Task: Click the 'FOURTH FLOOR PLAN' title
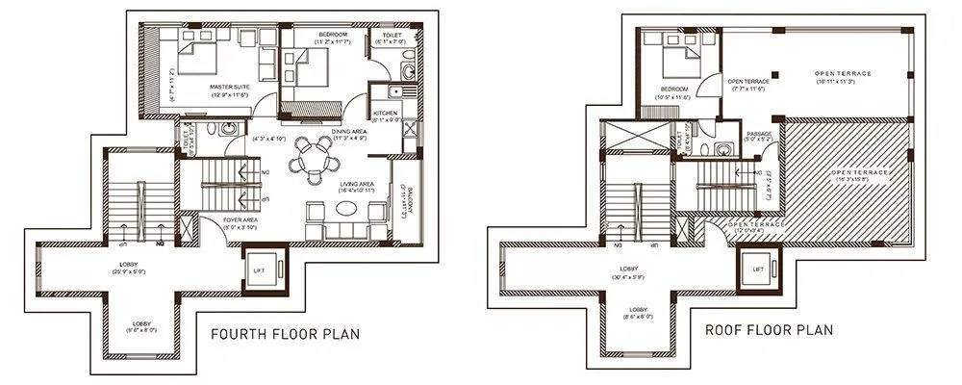(x=285, y=335)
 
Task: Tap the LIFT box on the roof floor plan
(x=758, y=269)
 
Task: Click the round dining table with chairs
(x=311, y=157)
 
